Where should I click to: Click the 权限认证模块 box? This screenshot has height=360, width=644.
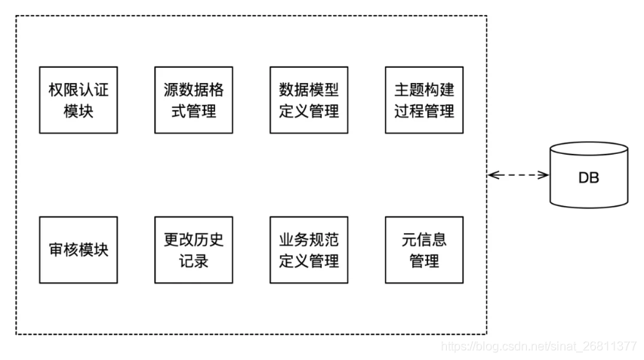tap(78, 100)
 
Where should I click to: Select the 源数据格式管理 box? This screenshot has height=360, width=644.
tap(193, 100)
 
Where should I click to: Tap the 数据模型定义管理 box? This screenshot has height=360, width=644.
tap(309, 100)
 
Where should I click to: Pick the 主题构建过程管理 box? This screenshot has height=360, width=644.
tap(424, 100)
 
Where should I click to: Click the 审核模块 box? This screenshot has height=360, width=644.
tap(78, 251)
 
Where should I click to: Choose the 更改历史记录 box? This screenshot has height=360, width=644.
tap(193, 251)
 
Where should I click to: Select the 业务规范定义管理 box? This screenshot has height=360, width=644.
tap(309, 251)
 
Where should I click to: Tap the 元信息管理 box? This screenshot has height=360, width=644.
tap(424, 251)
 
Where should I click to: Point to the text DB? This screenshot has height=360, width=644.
tap(589, 179)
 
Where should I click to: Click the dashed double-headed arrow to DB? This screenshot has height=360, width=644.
tap(519, 175)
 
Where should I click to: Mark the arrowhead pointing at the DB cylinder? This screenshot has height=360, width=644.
tap(544, 175)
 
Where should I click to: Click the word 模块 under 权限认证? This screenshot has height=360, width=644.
tap(78, 112)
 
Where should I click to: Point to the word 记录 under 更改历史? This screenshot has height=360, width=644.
tap(193, 262)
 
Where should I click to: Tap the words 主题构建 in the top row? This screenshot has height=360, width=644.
tap(424, 90)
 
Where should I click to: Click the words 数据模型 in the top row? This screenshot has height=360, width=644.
tap(309, 90)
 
